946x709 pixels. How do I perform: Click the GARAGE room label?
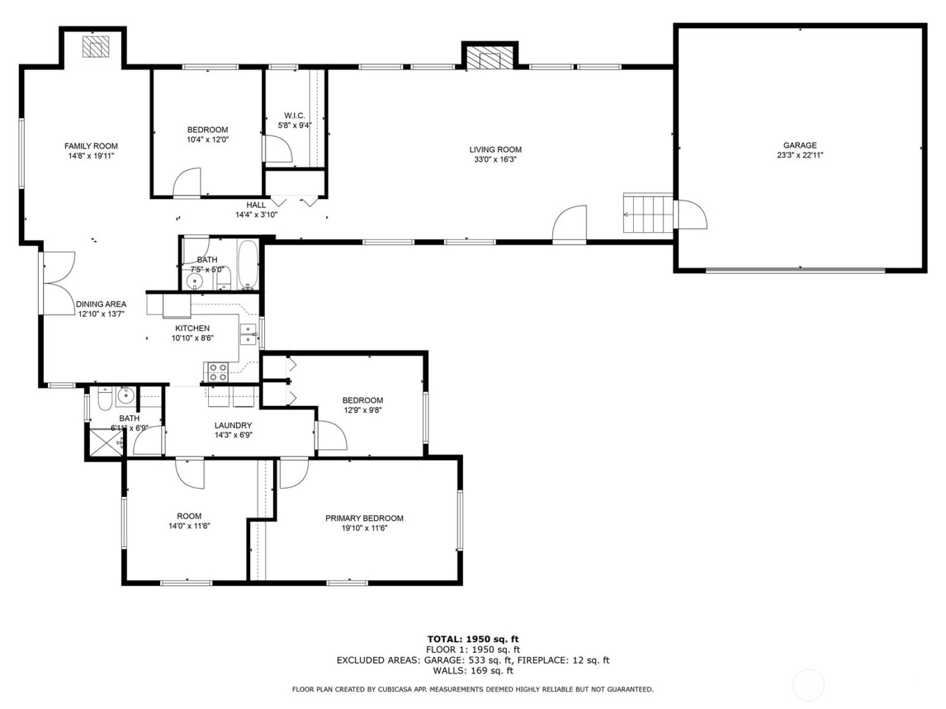[x=799, y=145]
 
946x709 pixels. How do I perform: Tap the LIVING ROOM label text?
[x=495, y=150]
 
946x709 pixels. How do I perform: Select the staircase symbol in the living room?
[x=648, y=213]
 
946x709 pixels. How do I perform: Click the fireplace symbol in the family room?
[x=95, y=47]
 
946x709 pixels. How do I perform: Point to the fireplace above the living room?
[x=489, y=58]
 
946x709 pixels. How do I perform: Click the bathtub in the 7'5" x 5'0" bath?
[x=248, y=265]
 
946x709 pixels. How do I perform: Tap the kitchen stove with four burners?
[x=218, y=371]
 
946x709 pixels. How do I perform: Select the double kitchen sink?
[x=248, y=334]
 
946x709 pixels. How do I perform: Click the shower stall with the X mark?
[x=104, y=442]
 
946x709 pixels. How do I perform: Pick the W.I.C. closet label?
[x=295, y=115]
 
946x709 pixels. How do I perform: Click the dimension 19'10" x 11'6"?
[x=364, y=529]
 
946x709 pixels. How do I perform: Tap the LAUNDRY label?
[x=233, y=425]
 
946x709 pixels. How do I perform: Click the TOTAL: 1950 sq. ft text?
[x=473, y=639]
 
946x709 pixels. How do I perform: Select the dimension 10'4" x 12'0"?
[x=207, y=140]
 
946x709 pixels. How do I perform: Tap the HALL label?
[x=256, y=205]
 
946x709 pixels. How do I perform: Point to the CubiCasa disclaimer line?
[x=472, y=689]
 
